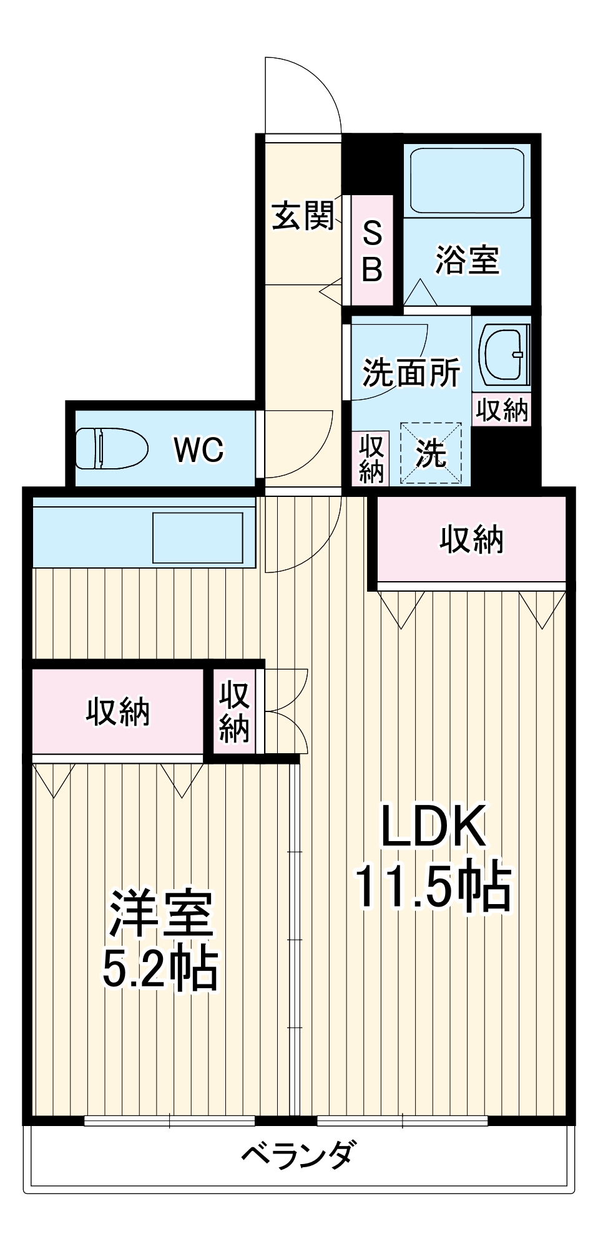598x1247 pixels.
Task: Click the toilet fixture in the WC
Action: click(110, 448)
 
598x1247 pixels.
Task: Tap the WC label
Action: click(198, 449)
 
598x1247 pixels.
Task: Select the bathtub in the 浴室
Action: click(466, 181)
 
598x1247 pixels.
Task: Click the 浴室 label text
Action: click(467, 259)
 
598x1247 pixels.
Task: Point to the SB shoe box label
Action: click(372, 251)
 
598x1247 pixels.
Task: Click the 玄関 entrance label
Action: click(303, 216)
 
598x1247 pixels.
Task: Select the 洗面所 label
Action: click(411, 372)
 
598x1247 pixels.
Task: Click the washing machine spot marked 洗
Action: click(431, 453)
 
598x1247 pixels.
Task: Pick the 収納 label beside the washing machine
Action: click(371, 459)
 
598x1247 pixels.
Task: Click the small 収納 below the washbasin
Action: click(502, 410)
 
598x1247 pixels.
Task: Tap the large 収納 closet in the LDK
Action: click(471, 539)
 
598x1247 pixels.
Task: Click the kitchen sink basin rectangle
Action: click(198, 537)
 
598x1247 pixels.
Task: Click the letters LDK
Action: click(433, 826)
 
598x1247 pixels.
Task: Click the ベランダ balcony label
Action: click(299, 1153)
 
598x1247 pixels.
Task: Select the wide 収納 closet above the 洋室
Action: click(117, 711)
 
